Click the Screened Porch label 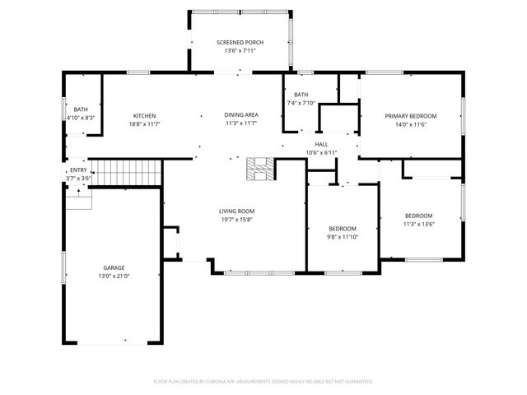coord(240,42)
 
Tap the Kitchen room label coord(145,116)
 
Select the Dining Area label coord(241,115)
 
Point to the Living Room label coord(236,211)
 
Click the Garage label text coord(114,267)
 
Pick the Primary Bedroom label coord(411,116)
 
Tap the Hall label coord(321,145)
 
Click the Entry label coord(78,170)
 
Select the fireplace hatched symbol coord(261,169)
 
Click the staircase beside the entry coord(126,173)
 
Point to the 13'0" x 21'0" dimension coord(114,276)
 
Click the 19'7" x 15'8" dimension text coord(236,220)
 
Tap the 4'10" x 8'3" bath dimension coord(81,118)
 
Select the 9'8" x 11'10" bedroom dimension coord(343,237)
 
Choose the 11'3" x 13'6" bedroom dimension coord(419,224)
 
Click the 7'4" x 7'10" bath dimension coord(301,103)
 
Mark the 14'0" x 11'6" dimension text coord(411,124)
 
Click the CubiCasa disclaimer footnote coord(263,382)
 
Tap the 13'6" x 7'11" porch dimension coord(240,51)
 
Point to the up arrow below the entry coord(79,193)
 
